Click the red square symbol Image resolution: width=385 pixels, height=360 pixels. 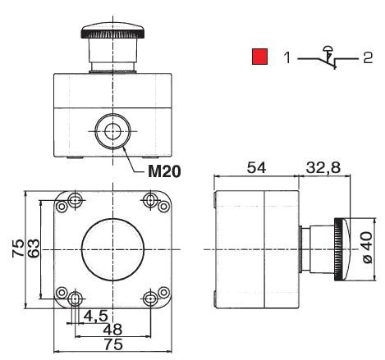[x=259, y=57]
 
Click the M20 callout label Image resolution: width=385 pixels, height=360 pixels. [x=164, y=171]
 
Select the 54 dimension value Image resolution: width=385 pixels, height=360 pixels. [x=256, y=167]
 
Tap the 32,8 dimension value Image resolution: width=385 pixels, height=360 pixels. [x=323, y=168]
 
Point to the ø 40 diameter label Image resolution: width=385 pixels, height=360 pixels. [x=368, y=248]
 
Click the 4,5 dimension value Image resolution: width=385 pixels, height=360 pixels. [x=95, y=317]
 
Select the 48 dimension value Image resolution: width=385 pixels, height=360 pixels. [x=112, y=330]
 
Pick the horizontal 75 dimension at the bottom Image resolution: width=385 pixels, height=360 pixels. [x=113, y=344]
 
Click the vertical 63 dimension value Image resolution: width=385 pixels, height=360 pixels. [x=34, y=248]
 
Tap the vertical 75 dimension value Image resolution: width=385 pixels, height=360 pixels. [x=18, y=248]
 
